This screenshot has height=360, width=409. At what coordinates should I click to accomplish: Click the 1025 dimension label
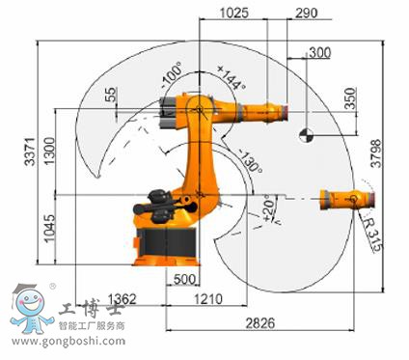point(234,13)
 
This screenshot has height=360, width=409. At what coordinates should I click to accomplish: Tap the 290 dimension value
point(307,13)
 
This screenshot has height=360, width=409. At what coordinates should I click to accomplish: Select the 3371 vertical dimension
point(30,152)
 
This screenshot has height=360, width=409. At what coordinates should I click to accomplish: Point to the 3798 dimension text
point(376,153)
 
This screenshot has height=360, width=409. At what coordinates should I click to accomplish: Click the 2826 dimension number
point(260,322)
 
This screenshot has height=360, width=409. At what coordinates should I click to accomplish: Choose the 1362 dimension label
point(122,299)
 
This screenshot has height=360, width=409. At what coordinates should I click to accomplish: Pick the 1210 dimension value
point(207,299)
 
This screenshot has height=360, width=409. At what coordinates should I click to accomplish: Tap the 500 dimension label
point(184,279)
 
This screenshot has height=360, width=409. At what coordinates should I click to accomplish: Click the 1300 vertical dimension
point(49,151)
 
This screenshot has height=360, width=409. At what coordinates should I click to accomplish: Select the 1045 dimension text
point(49,229)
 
